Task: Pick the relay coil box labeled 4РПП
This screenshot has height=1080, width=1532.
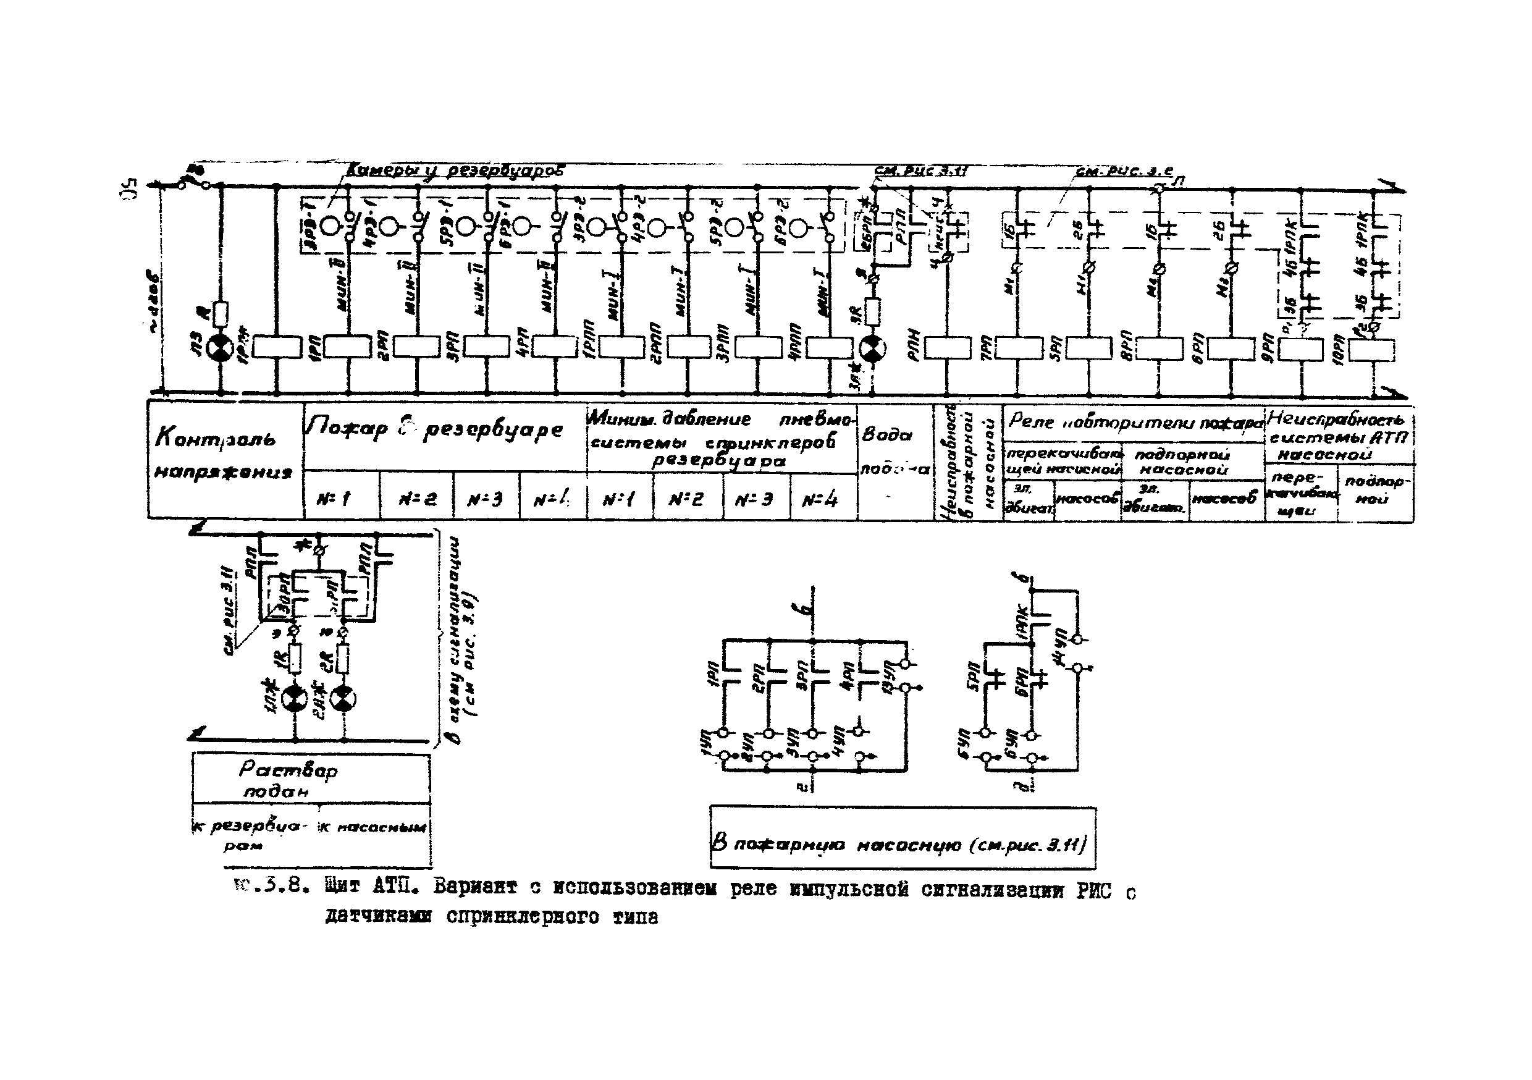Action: point(829,347)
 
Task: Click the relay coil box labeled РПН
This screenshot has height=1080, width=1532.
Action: point(948,348)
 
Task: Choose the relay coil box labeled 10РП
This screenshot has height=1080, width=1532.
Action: point(1373,349)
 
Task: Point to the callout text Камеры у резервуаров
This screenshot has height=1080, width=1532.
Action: point(453,171)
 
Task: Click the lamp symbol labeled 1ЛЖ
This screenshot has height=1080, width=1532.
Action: point(293,699)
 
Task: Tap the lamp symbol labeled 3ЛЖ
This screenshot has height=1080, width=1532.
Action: point(872,348)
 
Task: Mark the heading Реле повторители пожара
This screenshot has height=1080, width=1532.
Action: point(1134,422)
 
